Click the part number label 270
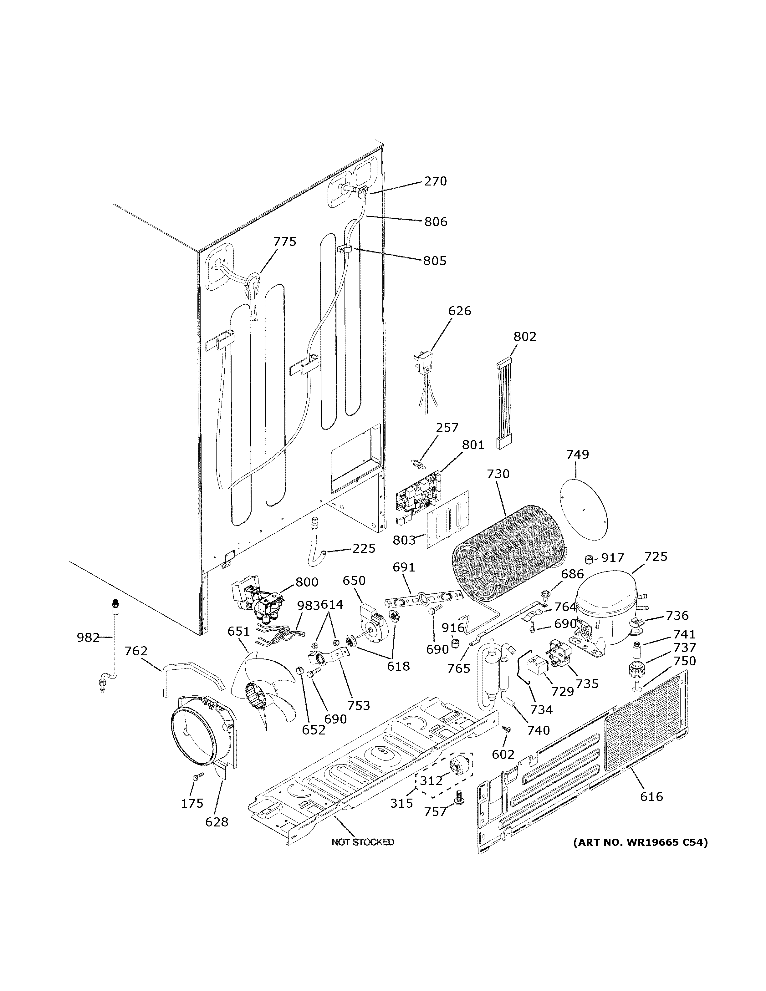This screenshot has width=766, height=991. pyautogui.click(x=435, y=181)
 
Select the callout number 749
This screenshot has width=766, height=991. pyautogui.click(x=577, y=454)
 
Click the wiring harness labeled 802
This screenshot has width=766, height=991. pyautogui.click(x=504, y=404)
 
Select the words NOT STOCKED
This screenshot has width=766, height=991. pyautogui.click(x=363, y=842)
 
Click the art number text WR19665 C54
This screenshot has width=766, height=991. pyautogui.click(x=640, y=843)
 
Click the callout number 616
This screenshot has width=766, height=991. pyautogui.click(x=651, y=796)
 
